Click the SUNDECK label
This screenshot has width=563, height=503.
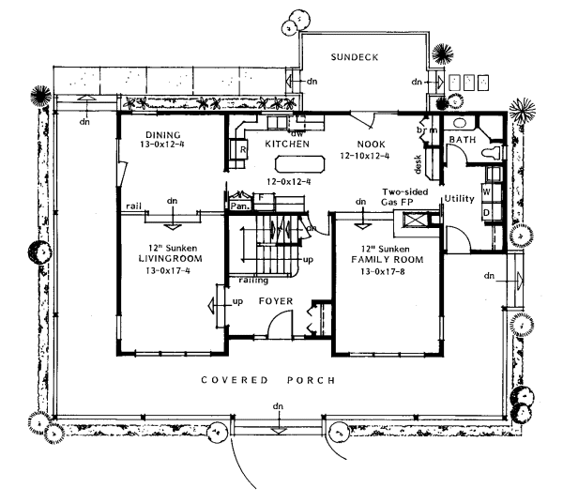(355, 58)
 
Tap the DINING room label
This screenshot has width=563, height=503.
(162, 134)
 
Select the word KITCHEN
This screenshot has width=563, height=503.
(286, 145)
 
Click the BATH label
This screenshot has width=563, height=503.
(462, 140)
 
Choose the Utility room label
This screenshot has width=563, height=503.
(460, 199)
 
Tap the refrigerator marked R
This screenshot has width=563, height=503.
(242, 149)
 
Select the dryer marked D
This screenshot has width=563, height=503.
(487, 213)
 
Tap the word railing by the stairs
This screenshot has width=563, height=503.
(252, 280)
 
